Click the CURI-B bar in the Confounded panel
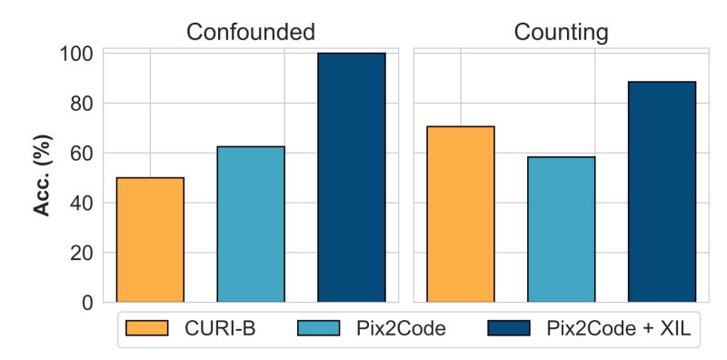click(x=150, y=240)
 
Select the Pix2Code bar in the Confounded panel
click(x=251, y=225)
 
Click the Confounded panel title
click(x=251, y=33)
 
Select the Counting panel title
click(x=561, y=33)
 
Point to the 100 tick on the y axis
click(x=75, y=54)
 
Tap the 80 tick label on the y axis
click(x=81, y=104)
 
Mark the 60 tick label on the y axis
click(x=81, y=153)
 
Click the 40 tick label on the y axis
click(x=81, y=203)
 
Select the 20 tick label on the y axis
click(x=81, y=253)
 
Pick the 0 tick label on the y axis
click(x=86, y=302)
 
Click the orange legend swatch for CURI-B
click(x=147, y=328)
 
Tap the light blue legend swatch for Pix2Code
click(x=313, y=328)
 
